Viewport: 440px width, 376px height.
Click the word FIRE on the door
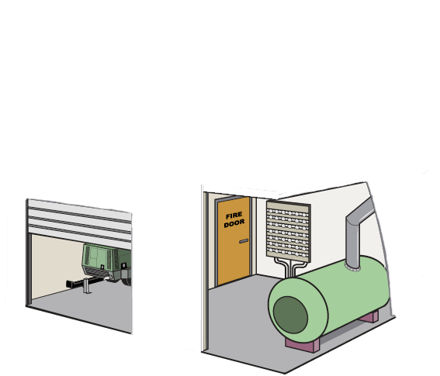point(234,216)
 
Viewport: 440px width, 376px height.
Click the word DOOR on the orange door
point(234,223)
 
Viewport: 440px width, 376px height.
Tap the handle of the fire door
point(244,241)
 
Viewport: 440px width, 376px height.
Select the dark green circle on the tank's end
point(290,315)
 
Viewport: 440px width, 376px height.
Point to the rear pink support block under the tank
point(370,316)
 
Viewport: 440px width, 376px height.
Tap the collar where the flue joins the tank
point(352,268)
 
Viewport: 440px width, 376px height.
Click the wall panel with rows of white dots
point(288,231)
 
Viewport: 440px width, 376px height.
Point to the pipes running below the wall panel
point(289,267)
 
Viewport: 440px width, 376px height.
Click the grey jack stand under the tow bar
point(87,286)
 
